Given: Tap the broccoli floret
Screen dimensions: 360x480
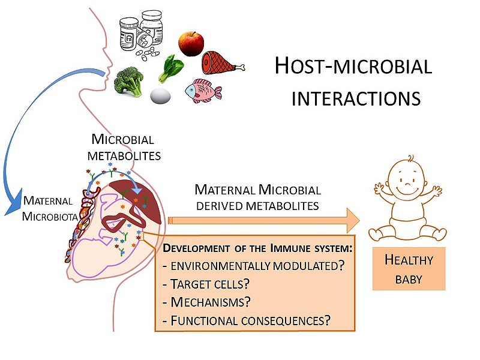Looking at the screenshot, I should point(128,80).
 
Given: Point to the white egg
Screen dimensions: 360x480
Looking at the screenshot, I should point(160,95).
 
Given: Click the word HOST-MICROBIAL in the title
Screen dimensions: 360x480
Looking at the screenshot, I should point(353,67).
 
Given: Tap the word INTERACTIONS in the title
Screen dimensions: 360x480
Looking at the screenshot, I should point(356,98).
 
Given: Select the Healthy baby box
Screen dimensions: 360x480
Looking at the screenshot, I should point(409,268).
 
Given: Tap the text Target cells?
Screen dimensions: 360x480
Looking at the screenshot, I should point(205,283).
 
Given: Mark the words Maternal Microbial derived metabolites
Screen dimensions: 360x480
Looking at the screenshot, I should point(257,197).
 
